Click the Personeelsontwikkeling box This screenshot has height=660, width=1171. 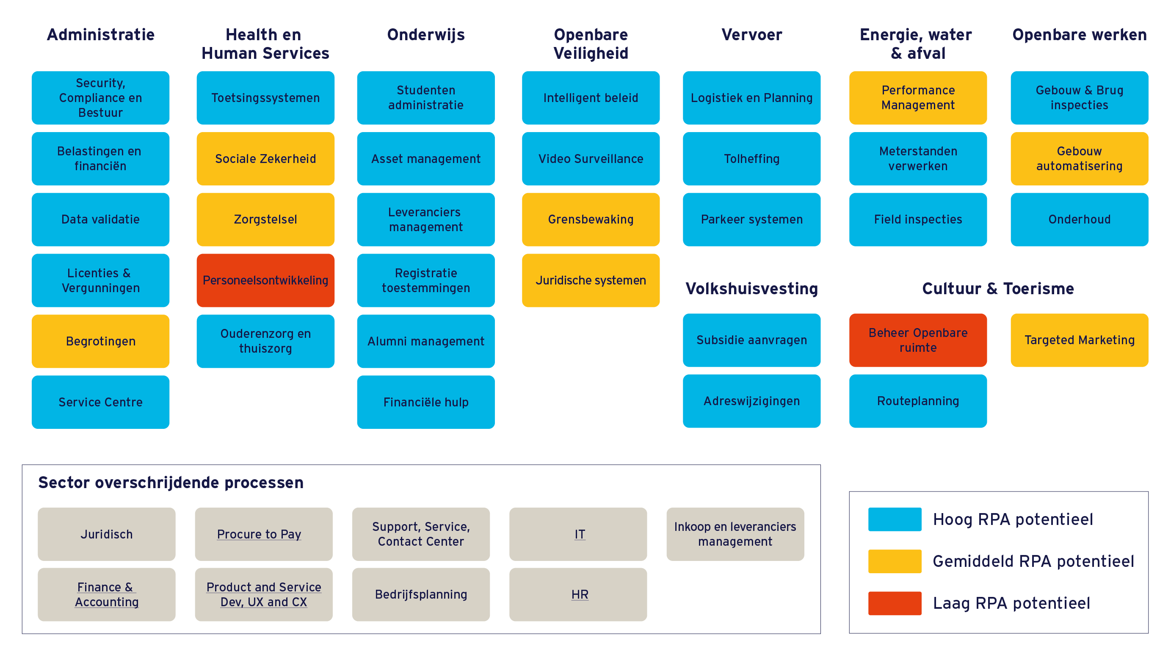coord(265,280)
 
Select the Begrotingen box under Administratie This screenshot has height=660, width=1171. coord(100,341)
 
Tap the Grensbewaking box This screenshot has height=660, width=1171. coord(591,220)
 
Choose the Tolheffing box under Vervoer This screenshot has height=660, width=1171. coord(751,159)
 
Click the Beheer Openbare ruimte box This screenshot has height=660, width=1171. coord(918,340)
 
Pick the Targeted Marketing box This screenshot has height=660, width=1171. coord(1080,340)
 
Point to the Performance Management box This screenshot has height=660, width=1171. coord(918,98)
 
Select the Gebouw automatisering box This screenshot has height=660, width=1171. coord(1080,159)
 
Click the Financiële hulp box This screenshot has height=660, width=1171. coord(426,402)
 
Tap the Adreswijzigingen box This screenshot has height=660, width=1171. coord(751,401)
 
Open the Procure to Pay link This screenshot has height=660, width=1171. coord(259,534)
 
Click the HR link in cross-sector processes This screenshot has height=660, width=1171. coord(580,594)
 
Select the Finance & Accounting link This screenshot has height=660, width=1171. coord(107,594)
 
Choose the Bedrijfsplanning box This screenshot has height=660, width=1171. coord(421,594)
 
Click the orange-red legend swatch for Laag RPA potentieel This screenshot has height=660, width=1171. coord(895,603)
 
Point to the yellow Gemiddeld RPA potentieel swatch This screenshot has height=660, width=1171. coord(895,561)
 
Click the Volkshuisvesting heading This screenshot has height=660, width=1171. coord(751,289)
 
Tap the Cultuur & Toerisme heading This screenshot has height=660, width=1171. coord(998,289)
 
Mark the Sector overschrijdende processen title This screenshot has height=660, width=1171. coord(171,483)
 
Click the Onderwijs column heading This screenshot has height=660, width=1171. coord(426,35)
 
